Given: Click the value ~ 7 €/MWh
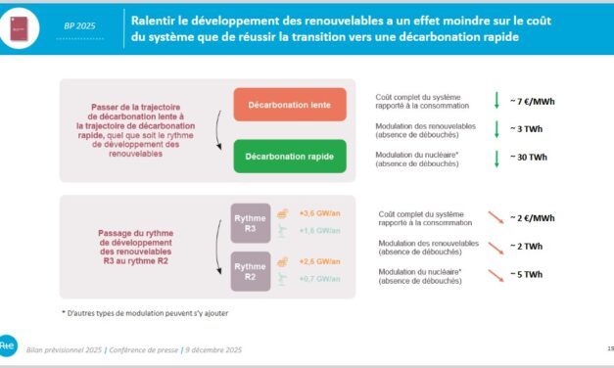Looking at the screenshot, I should [x=540, y=100].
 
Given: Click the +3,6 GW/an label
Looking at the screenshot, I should [x=318, y=211].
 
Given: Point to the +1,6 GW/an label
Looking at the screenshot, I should [x=318, y=231].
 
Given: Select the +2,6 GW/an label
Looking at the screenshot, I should [x=318, y=261].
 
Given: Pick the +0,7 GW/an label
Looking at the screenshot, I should [x=318, y=281].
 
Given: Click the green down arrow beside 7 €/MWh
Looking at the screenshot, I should [x=497, y=100].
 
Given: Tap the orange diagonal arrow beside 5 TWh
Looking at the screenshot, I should [x=497, y=275].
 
